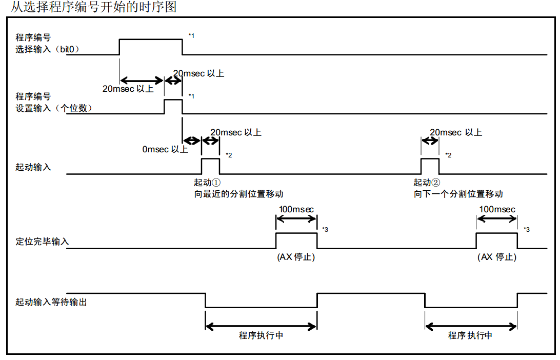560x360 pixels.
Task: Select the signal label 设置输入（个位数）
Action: (x=54, y=108)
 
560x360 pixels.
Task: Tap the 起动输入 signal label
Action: (x=33, y=167)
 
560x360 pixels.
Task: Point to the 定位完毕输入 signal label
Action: (x=42, y=241)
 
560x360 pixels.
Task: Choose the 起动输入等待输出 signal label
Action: (x=51, y=302)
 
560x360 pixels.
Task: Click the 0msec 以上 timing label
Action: (x=165, y=150)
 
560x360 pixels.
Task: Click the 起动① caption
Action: (x=207, y=183)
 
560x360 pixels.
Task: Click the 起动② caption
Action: (x=427, y=183)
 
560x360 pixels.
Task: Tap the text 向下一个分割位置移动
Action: (x=458, y=194)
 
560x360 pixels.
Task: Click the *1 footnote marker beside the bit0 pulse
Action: (x=191, y=35)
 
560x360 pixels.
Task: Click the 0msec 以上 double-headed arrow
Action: (x=192, y=140)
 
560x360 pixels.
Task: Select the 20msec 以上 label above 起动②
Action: (x=455, y=132)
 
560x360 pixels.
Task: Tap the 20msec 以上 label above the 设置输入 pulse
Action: (x=198, y=73)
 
